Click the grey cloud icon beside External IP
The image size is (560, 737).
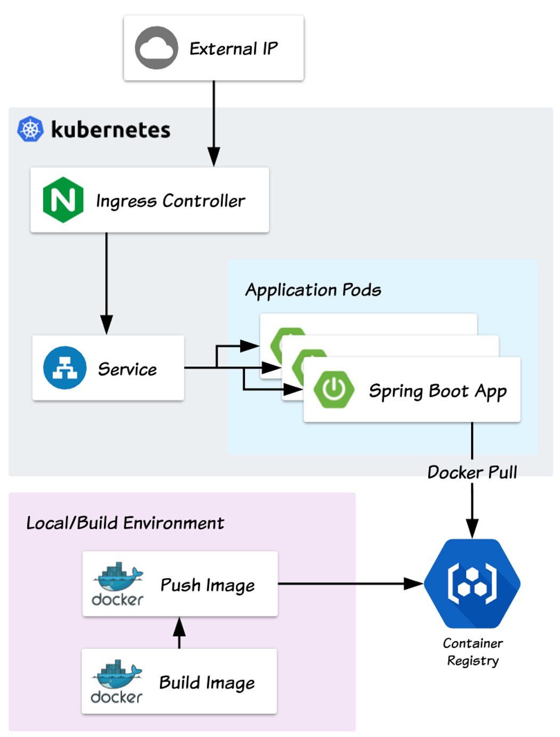coord(156,48)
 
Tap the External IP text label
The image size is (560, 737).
coord(234,49)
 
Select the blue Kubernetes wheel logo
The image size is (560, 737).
coord(30,129)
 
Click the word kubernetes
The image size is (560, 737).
coord(110,130)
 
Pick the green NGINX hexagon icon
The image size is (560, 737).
coord(63,200)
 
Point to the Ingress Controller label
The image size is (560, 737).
coord(170,201)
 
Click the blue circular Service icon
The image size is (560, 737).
coord(65,368)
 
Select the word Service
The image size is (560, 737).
coord(127,369)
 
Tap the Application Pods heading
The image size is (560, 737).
coord(313,290)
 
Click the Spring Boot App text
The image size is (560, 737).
coord(437,391)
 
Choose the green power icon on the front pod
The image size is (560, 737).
coord(334,389)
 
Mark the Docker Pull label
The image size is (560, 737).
coord(472,472)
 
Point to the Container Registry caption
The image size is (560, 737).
coord(473,652)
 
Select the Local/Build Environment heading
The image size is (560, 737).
coord(125,523)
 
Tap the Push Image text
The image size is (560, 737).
coord(207,585)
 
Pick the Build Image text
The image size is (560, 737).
coord(207,683)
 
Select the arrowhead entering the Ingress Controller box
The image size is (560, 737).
coord(213,157)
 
